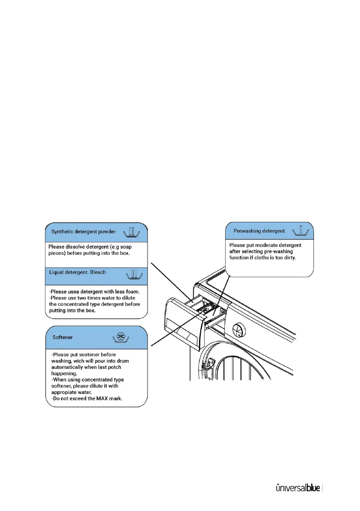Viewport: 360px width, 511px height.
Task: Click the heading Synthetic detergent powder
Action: click(83, 232)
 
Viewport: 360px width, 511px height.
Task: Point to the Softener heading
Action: click(62, 337)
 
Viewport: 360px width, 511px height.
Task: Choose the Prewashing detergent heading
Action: click(259, 231)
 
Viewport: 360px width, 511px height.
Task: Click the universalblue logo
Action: click(297, 488)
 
